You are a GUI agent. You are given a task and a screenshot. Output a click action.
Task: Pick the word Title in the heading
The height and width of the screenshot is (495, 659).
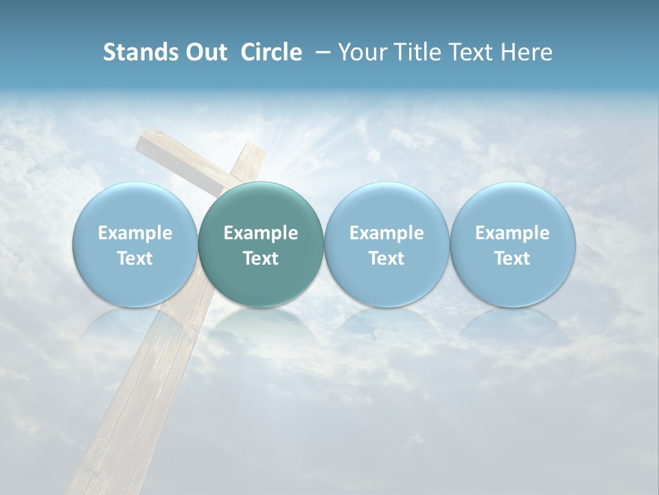pos(414,52)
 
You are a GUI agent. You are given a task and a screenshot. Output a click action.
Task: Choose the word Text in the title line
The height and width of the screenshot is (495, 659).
pos(470,52)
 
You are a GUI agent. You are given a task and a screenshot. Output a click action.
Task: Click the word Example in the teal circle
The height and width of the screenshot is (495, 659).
pos(261,233)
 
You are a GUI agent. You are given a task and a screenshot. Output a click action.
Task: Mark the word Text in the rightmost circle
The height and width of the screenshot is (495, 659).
pos(512,258)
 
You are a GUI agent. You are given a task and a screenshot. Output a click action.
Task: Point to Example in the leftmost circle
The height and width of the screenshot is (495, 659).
pos(135,233)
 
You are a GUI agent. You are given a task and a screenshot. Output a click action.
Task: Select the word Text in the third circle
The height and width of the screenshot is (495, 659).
pos(386,258)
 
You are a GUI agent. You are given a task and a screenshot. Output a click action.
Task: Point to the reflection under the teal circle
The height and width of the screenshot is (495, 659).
pos(261,323)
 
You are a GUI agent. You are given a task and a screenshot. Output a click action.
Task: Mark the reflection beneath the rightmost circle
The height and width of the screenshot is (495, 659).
pos(512,323)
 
